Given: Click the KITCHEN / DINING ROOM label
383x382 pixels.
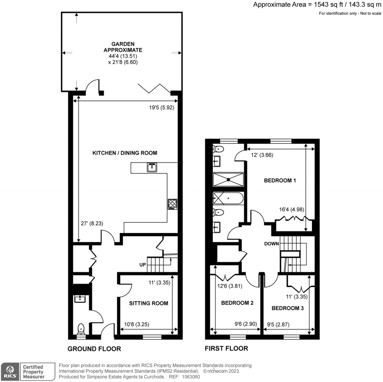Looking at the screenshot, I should coord(125,153).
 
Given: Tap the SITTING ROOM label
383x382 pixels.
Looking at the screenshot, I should coord(148,303).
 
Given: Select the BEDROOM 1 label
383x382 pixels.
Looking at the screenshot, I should coord(280,181).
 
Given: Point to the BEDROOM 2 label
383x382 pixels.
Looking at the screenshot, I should coord(237,303).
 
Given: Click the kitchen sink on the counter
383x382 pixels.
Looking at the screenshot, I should coord(151,167).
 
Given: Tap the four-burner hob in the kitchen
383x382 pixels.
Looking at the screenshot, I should coord(173,204).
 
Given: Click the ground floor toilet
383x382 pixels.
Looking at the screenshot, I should coord(81,329).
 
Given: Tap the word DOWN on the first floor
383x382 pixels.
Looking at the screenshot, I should coord(272,243).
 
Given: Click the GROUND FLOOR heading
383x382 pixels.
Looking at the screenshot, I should coord(94,349).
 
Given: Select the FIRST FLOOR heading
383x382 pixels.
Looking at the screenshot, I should coord(226,348).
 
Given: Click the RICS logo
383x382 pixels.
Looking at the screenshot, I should coord(9,371).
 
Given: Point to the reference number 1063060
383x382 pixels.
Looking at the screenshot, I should coord(192,377).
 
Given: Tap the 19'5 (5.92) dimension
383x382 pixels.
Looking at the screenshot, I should coord(161,107).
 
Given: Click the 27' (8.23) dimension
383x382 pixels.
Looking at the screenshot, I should coord(92,224).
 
